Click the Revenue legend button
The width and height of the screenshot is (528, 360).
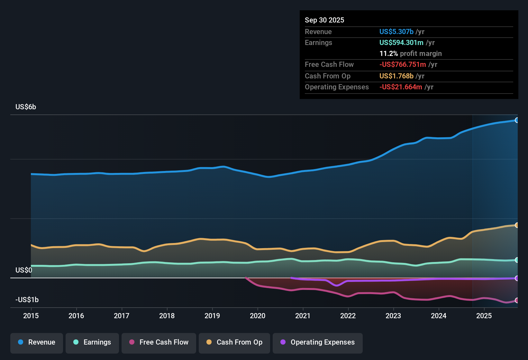(x=37, y=342)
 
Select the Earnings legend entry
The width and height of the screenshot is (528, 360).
(x=92, y=342)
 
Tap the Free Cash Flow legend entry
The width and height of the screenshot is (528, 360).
(x=159, y=342)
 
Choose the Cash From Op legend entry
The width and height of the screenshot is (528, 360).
(x=234, y=342)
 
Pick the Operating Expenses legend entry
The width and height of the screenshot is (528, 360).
(x=318, y=342)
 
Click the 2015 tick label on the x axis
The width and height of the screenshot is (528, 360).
(x=31, y=316)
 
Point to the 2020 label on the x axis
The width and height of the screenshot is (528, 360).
(x=258, y=316)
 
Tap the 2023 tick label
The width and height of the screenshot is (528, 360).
(x=393, y=316)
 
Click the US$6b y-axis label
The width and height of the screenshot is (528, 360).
(x=26, y=107)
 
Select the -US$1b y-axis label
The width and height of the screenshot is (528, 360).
(x=27, y=300)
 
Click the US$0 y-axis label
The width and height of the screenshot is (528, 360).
(x=24, y=270)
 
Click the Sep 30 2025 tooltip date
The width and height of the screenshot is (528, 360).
(x=324, y=20)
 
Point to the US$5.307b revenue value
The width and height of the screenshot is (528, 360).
(x=396, y=32)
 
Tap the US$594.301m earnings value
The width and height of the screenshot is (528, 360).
(x=401, y=42)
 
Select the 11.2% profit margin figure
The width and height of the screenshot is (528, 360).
(x=388, y=53)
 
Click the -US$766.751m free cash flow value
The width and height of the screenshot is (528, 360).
(x=403, y=64)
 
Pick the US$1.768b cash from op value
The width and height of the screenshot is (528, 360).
(x=396, y=76)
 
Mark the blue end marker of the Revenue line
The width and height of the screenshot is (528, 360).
(x=517, y=120)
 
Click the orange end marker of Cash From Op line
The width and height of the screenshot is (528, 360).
(x=517, y=225)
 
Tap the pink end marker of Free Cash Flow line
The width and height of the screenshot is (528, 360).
(x=517, y=301)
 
